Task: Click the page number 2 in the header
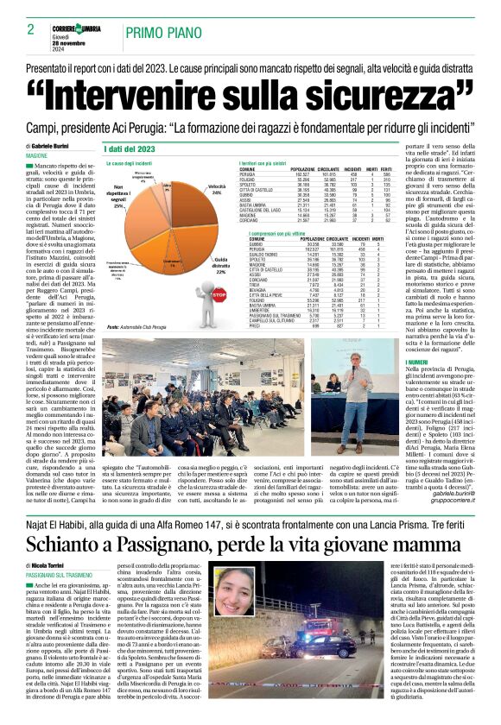point(18,29)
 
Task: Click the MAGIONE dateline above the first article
point(37,155)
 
